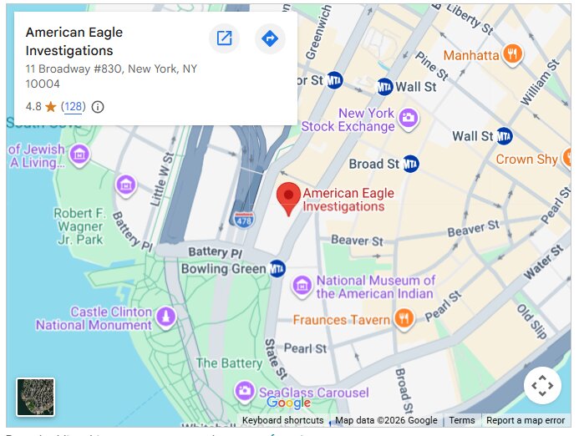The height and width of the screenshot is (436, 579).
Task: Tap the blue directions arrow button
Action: (270, 38)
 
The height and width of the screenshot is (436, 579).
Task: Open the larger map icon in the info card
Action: (224, 38)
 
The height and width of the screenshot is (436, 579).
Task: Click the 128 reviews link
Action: (74, 107)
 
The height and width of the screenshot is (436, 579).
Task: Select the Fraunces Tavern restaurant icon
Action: (404, 318)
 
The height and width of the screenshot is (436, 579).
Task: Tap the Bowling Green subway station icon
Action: (277, 269)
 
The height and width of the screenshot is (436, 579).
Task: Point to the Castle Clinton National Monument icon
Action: (166, 317)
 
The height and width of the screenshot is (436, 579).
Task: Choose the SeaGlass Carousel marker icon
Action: (244, 390)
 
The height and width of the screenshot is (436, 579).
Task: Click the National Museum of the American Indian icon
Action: (302, 287)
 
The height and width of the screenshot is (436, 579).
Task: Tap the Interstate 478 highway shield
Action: (243, 218)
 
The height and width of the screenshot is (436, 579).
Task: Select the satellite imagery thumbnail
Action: (36, 397)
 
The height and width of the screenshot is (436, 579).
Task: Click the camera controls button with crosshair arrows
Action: (542, 386)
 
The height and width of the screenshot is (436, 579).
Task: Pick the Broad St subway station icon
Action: (411, 164)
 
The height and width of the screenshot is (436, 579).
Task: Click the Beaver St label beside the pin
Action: (356, 241)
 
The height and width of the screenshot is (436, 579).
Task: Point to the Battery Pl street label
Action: (214, 252)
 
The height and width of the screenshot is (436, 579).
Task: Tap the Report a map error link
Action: (526, 421)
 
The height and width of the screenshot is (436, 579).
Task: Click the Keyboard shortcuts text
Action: (282, 421)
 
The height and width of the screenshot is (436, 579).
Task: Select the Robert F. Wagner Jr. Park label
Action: (79, 226)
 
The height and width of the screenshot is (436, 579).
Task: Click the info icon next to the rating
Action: (98, 107)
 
